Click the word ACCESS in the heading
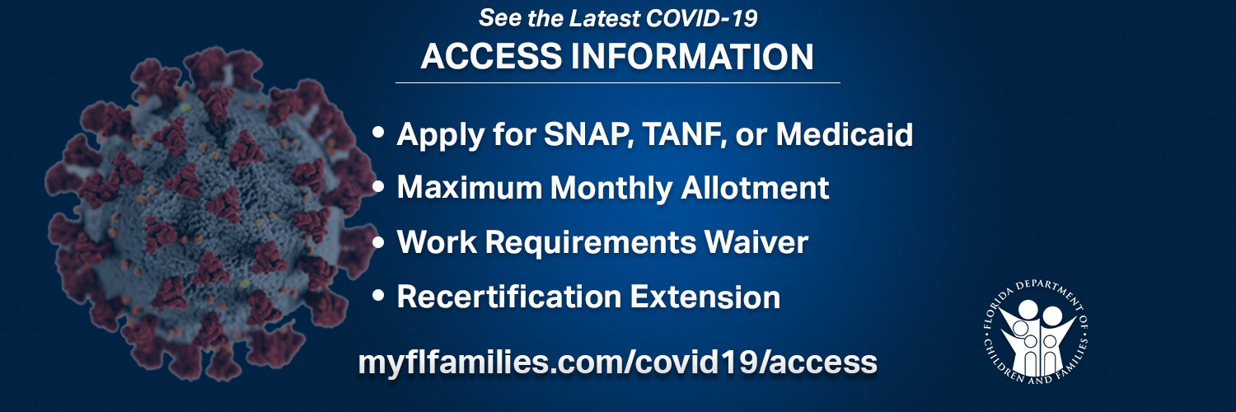[491, 56]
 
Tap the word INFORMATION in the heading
[692, 56]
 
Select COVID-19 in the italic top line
[701, 18]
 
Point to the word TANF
[684, 134]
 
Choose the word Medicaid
[845, 134]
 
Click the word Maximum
[470, 188]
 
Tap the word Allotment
[755, 188]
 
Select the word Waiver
[756, 241]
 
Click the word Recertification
[509, 297]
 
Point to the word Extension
[705, 297]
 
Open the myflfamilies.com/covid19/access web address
[617, 363]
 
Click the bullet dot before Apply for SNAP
[378, 133]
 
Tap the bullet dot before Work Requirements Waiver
[378, 241]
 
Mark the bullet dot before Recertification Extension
[378, 296]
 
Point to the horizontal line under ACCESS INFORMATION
[618, 82]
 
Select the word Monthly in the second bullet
[611, 189]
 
